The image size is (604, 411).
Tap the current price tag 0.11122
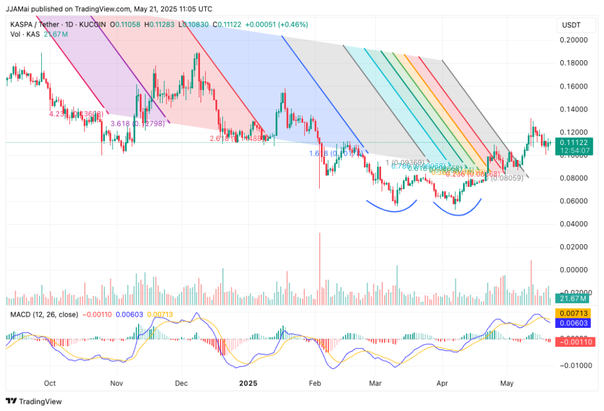(x=573, y=142)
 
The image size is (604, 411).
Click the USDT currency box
(x=572, y=25)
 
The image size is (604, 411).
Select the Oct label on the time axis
(x=50, y=383)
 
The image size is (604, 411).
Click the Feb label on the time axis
(x=314, y=383)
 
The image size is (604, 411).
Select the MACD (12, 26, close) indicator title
(x=44, y=314)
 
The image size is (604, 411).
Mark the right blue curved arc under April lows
(x=457, y=212)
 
